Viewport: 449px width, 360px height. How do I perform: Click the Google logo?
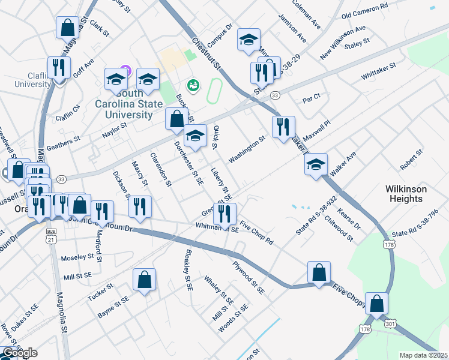pyautogui.click(x=20, y=353)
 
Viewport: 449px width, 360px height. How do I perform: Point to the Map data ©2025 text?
pyautogui.click(x=423, y=355)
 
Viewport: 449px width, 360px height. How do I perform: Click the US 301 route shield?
pyautogui.click(x=390, y=323)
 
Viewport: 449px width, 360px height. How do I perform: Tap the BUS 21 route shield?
pyautogui.click(x=52, y=236)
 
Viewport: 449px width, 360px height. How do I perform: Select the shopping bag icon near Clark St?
pyautogui.click(x=67, y=28)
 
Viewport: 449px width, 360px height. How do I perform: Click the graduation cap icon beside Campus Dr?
pyautogui.click(x=249, y=40)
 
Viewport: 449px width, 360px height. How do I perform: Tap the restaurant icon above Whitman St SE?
pyautogui.click(x=224, y=213)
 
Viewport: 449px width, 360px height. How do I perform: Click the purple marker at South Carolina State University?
pyautogui.click(x=125, y=70)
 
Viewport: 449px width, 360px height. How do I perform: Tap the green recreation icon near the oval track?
pyautogui.click(x=193, y=86)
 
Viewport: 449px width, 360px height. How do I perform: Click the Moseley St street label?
pyautogui.click(x=78, y=257)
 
